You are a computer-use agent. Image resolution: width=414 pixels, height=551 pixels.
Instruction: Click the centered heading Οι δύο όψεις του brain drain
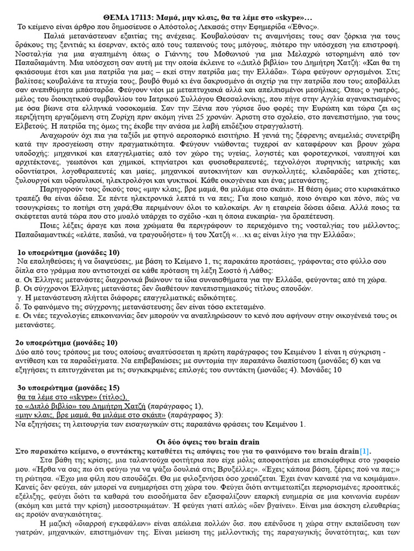click(x=204, y=442)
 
